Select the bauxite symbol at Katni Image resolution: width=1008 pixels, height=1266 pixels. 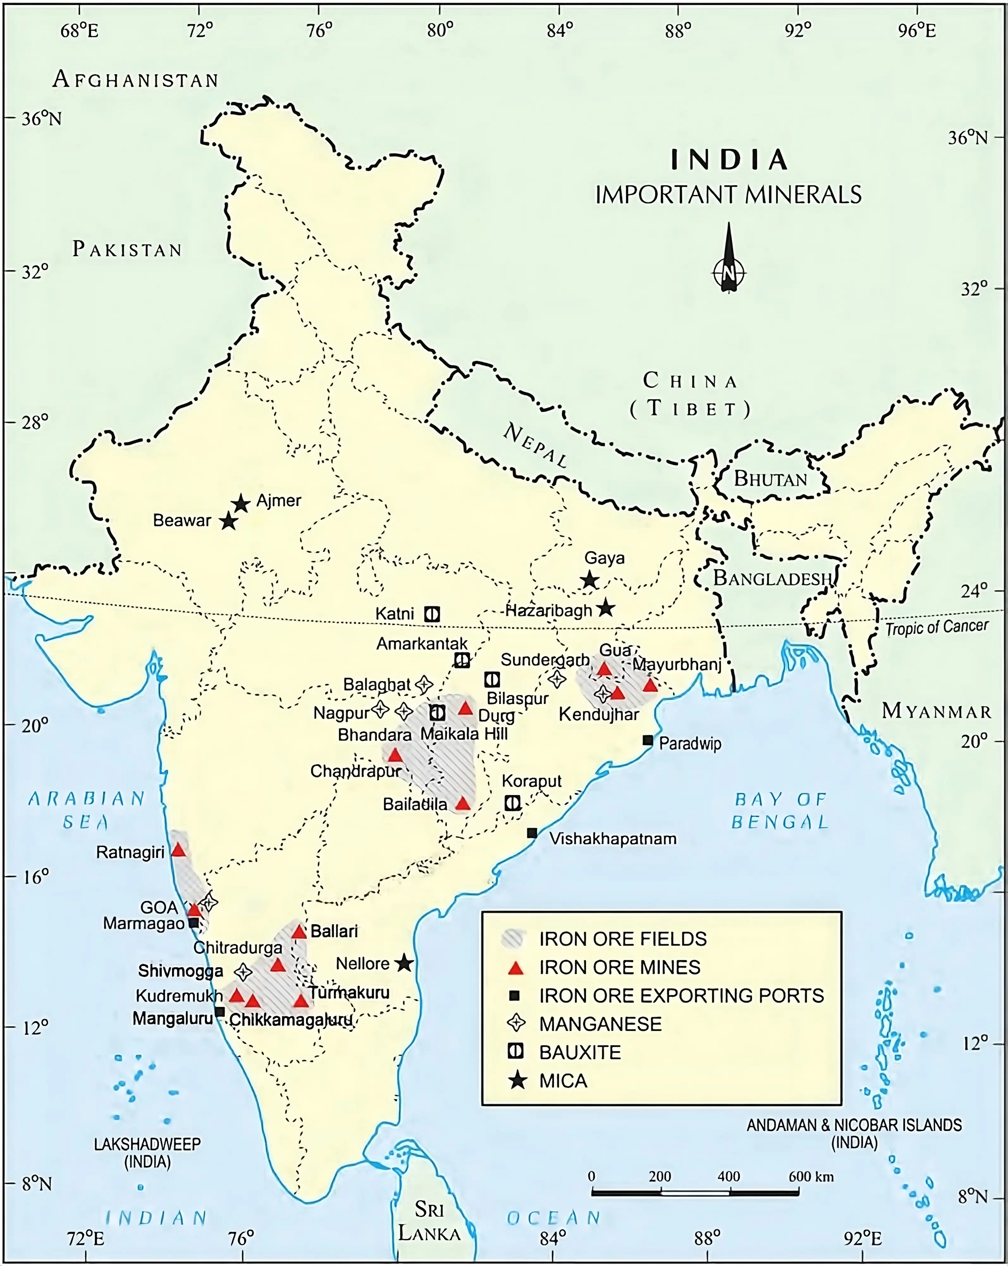tap(433, 614)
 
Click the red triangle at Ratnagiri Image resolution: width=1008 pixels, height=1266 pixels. tap(178, 850)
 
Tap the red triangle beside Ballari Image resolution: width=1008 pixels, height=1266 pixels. tap(299, 932)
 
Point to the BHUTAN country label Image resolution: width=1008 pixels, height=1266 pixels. tap(770, 479)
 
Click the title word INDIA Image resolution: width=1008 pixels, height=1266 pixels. tap(729, 160)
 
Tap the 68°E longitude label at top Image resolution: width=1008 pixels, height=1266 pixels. tap(79, 30)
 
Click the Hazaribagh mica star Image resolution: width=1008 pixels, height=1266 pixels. tap(605, 608)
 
